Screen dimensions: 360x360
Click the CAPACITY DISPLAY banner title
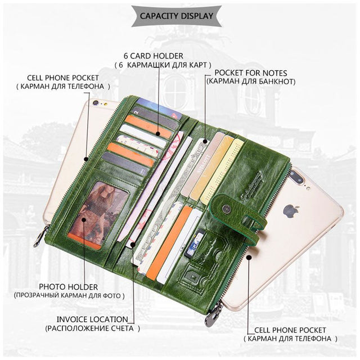pyautogui.click(x=176, y=16)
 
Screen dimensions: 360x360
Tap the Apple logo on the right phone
pyautogui.click(x=291, y=210)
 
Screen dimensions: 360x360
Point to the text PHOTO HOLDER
pyautogui.click(x=68, y=287)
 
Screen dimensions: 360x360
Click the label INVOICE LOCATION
pyautogui.click(x=92, y=319)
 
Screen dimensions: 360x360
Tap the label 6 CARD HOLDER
pyautogui.click(x=154, y=56)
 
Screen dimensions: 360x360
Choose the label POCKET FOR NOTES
pyautogui.click(x=251, y=73)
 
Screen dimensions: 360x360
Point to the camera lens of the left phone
pyautogui.click(x=96, y=103)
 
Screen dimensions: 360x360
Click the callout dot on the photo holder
pyautogui.click(x=84, y=220)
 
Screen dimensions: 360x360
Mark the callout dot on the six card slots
pyautogui.click(x=157, y=134)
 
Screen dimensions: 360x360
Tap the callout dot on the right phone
pyautogui.click(x=248, y=258)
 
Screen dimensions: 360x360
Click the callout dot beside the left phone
pyautogui.click(x=86, y=159)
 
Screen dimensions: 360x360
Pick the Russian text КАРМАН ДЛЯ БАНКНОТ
pyautogui.click(x=251, y=82)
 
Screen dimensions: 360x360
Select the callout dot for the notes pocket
pyautogui.click(x=205, y=141)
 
